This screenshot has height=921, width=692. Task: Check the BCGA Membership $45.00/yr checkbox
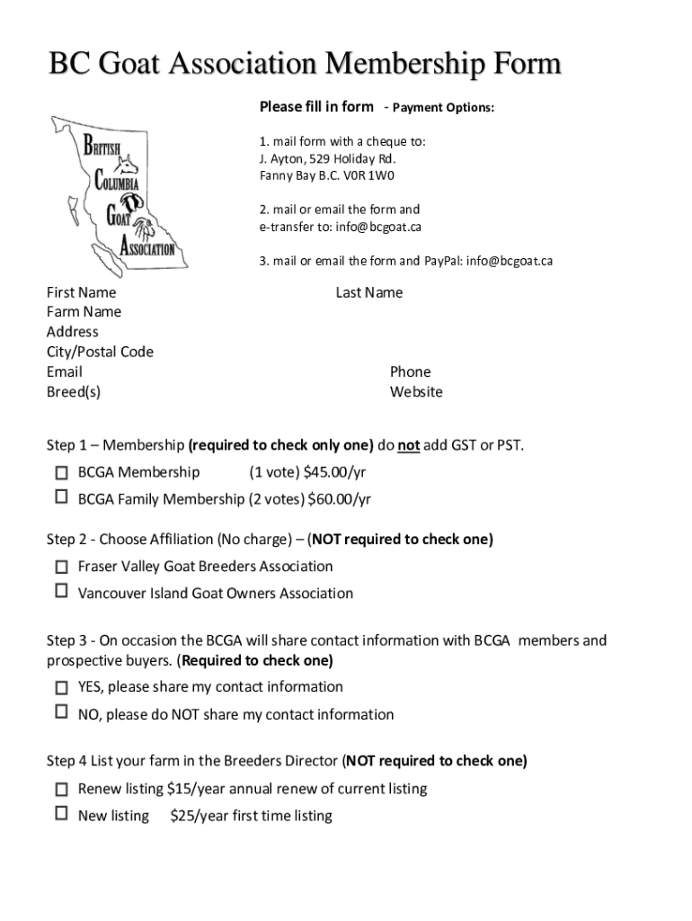(61, 472)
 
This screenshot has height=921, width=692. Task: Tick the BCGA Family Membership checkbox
(61, 496)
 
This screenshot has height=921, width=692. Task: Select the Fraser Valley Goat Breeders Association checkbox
(61, 567)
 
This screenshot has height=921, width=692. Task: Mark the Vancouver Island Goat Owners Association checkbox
(61, 591)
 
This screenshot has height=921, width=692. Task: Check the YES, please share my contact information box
(61, 688)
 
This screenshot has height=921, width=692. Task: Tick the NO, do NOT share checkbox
(61, 711)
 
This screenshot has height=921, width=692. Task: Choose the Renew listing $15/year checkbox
(61, 790)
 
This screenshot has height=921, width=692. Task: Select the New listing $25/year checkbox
(61, 813)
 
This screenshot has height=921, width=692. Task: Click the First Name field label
(81, 292)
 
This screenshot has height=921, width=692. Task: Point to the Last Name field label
(368, 292)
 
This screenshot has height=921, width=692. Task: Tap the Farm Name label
(84, 312)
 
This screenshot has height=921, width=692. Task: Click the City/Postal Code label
(100, 352)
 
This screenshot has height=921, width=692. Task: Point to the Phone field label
(410, 371)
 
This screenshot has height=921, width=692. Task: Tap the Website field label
(416, 392)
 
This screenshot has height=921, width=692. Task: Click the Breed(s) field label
(74, 392)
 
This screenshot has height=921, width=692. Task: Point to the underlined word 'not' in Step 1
(409, 445)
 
